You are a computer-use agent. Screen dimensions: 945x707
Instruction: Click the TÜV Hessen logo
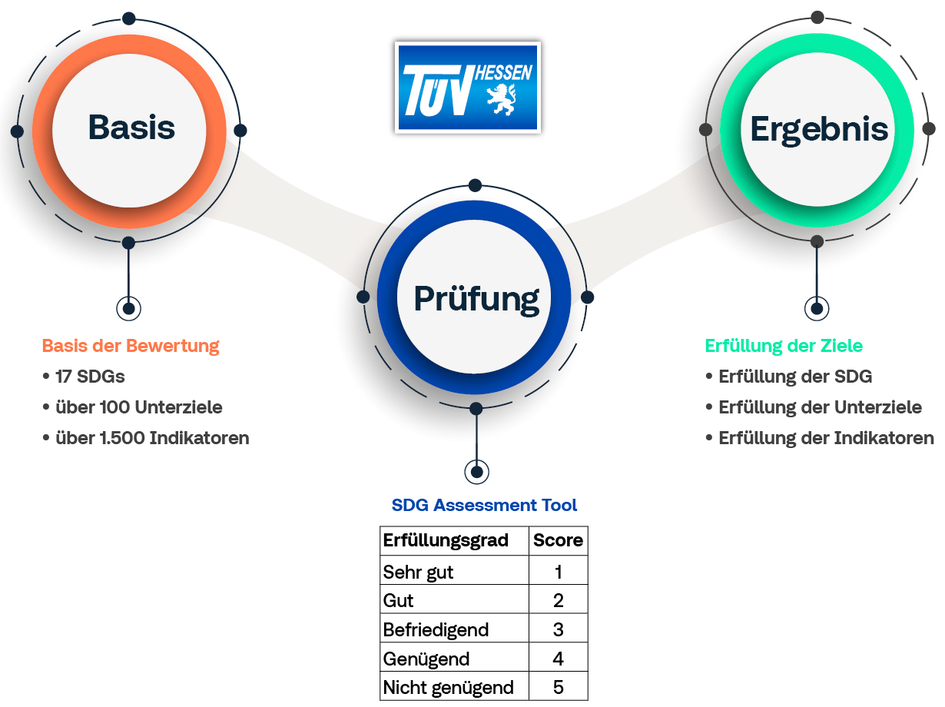click(x=468, y=88)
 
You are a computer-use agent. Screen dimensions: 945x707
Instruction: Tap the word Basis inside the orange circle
click(x=131, y=128)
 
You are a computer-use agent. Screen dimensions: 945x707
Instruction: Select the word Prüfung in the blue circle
click(x=476, y=299)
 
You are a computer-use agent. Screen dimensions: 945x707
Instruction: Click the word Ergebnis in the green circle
click(x=819, y=130)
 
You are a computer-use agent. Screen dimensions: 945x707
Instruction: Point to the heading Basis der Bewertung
click(x=131, y=346)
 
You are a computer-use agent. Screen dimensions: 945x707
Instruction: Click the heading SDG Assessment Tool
click(x=484, y=505)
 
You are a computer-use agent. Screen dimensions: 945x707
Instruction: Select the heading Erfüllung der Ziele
click(x=784, y=346)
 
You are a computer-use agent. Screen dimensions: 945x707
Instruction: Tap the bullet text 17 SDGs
click(x=90, y=377)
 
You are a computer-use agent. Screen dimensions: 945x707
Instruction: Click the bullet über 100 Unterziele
click(x=138, y=407)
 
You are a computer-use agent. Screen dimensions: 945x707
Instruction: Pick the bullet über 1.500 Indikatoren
click(x=152, y=438)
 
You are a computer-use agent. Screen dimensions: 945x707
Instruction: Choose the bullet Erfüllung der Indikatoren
click(x=826, y=438)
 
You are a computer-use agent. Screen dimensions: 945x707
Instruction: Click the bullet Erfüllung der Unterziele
click(x=820, y=407)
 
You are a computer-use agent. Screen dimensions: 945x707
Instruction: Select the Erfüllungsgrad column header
click(x=446, y=540)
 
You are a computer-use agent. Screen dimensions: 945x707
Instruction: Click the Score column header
click(x=558, y=540)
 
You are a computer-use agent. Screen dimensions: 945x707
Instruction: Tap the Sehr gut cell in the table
click(x=418, y=573)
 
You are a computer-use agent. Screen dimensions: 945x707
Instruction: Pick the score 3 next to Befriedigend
click(x=558, y=629)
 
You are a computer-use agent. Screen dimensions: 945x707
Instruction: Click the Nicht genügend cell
click(x=448, y=688)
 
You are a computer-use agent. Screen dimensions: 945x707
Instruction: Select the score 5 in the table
click(x=558, y=687)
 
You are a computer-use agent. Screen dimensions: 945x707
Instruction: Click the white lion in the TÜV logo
click(x=502, y=99)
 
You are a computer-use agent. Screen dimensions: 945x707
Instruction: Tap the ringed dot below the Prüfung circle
click(x=476, y=473)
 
